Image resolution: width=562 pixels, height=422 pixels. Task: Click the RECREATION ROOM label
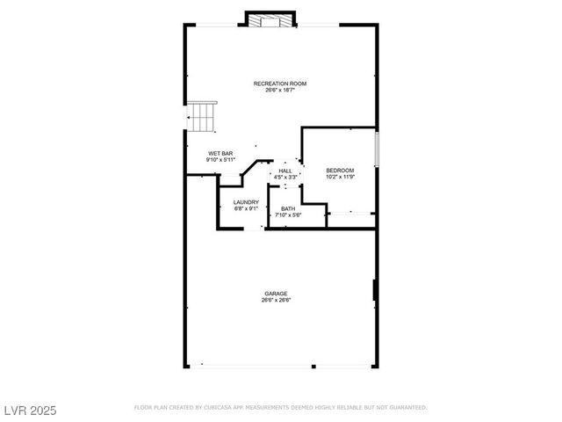280,84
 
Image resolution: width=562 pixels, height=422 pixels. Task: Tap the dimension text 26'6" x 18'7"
280,90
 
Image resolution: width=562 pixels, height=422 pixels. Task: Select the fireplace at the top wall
270,19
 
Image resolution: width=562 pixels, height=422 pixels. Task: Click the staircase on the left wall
202,115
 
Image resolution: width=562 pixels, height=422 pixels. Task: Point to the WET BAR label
220,153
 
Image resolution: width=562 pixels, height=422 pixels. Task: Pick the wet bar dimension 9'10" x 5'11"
220,159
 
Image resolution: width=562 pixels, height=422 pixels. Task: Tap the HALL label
285,171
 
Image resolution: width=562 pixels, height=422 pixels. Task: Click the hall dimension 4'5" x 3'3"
285,177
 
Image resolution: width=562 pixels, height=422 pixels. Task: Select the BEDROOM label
340,170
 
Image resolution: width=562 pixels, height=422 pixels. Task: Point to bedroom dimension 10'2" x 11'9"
340,176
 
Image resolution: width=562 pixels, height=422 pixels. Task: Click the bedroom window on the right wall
377,148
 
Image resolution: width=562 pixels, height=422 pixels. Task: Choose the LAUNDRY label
246,202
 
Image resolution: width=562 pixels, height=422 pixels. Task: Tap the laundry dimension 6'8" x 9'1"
246,208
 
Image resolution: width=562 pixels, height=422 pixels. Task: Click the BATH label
288,208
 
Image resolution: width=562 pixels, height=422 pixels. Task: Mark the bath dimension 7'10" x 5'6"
288,215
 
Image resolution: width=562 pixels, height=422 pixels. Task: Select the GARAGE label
276,294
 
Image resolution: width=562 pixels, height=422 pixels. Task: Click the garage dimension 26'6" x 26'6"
276,300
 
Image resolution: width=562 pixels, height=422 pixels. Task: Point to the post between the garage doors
313,365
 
